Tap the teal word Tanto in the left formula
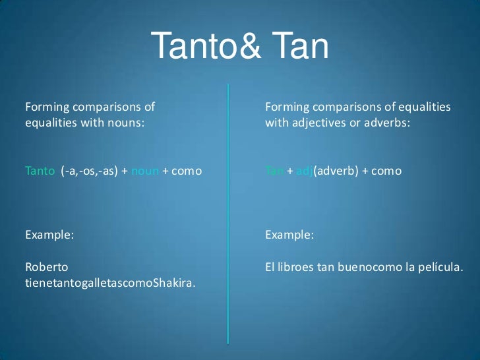pyautogui.click(x=40, y=171)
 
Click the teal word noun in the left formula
pyautogui.click(x=145, y=171)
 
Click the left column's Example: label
pyautogui.click(x=49, y=234)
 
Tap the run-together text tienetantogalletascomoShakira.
pyautogui.click(x=110, y=284)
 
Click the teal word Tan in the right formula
pyautogui.click(x=274, y=171)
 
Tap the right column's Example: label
pyautogui.click(x=289, y=234)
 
